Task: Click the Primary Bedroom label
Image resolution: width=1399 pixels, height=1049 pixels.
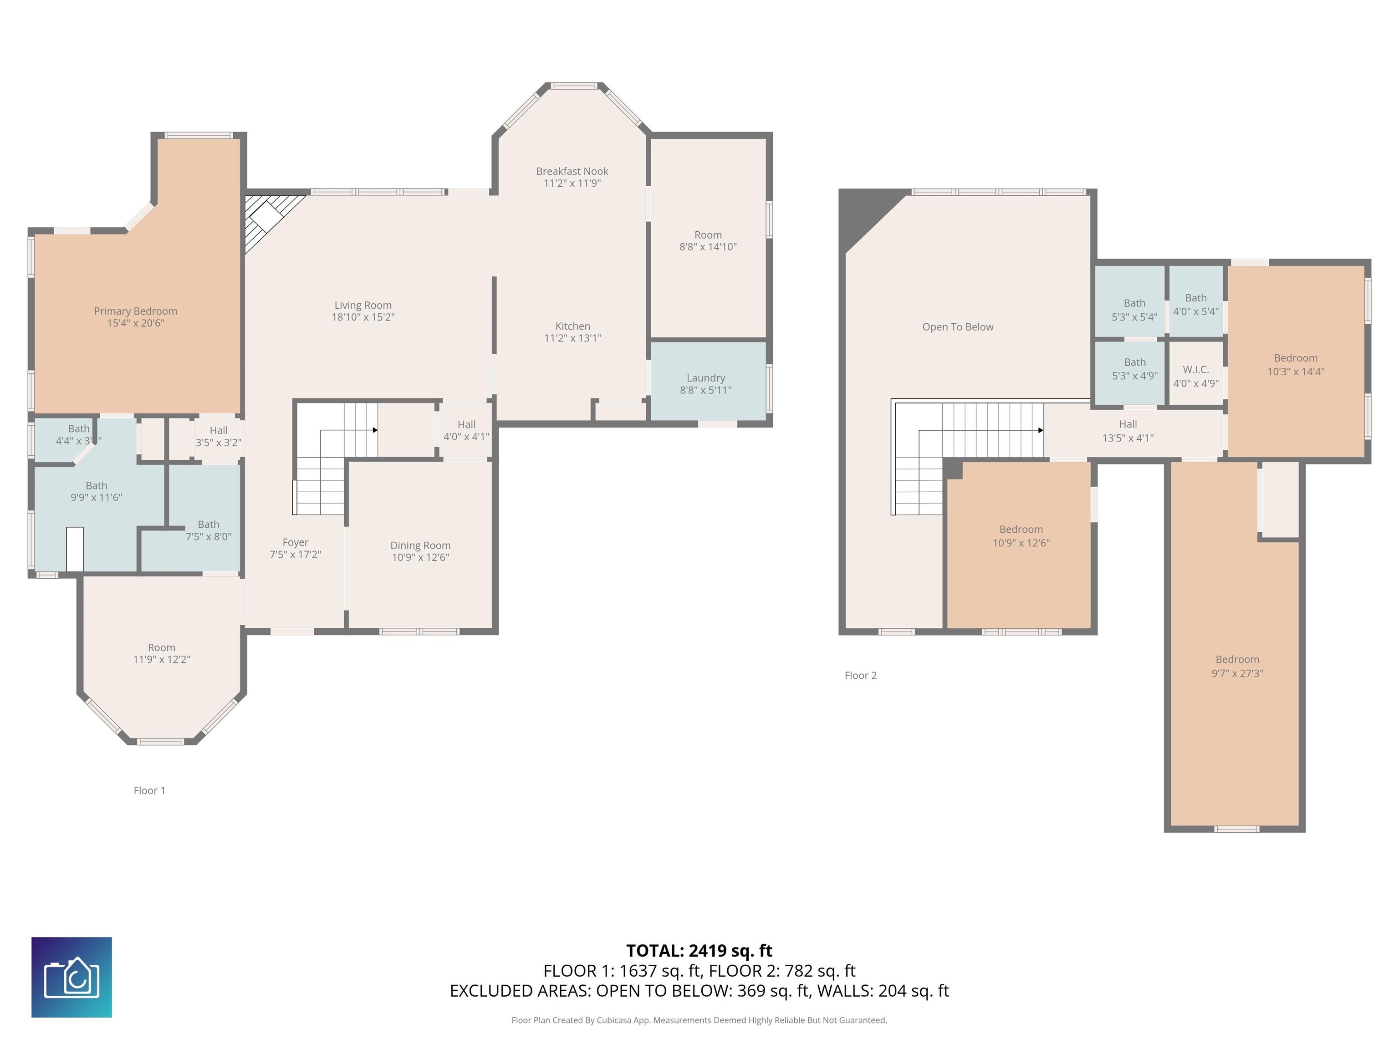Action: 135,311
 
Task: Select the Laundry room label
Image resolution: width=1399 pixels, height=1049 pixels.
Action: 706,378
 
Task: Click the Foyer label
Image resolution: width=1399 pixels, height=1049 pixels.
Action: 296,543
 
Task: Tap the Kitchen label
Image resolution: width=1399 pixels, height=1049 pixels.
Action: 572,326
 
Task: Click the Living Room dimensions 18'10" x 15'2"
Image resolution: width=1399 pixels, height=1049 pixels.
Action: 363,317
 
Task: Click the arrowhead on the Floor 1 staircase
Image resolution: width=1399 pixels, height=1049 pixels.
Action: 375,430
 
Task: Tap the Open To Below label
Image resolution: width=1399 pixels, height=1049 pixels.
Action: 958,327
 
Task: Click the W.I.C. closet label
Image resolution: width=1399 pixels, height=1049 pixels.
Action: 1195,370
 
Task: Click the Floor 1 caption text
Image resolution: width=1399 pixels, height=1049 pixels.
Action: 149,790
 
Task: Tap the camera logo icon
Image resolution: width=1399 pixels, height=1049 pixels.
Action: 71,977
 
